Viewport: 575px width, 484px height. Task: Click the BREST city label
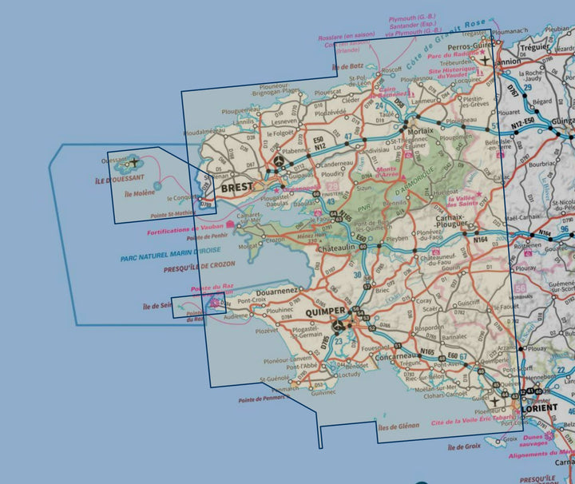(236, 188)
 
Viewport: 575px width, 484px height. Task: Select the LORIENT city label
(542, 407)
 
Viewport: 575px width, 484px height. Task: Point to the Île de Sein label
(157, 306)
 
